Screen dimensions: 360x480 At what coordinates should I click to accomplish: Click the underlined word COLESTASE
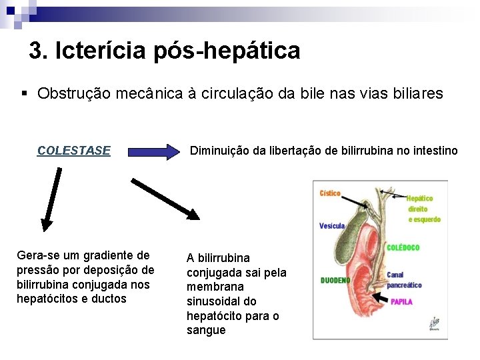pos(74,151)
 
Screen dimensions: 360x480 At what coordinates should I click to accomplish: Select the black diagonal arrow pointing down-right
pos(165,198)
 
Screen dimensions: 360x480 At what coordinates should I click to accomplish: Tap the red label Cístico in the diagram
pos(330,193)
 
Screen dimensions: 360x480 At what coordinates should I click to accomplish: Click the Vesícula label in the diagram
pos(331,226)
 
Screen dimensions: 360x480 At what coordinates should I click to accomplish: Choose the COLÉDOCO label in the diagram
pos(403,247)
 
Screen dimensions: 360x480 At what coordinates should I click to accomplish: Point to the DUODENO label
pos(335,281)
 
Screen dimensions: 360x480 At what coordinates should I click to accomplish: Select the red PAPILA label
pos(401,302)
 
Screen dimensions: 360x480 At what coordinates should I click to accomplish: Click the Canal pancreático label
pos(404,280)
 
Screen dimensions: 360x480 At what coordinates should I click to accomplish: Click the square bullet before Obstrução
pos(24,93)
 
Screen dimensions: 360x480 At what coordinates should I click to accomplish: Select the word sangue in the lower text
pos(206,330)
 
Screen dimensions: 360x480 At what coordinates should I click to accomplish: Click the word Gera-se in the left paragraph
pos(37,255)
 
